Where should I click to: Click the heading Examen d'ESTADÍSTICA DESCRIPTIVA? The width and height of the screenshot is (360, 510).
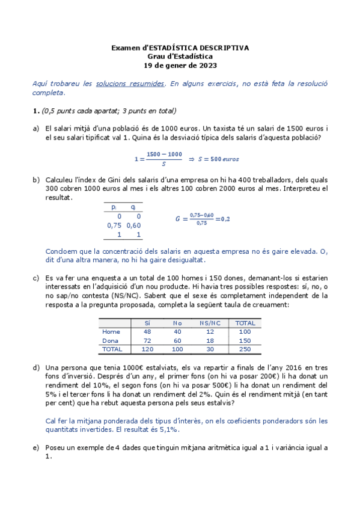[x=180, y=48]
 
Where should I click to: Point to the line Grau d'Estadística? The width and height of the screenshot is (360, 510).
[x=180, y=57]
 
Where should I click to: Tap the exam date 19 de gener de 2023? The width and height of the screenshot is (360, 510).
[x=180, y=66]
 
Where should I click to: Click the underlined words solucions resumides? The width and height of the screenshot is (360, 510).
[x=130, y=84]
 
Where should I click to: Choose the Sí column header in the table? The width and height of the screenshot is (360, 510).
[x=147, y=323]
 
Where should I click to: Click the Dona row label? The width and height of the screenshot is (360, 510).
[x=112, y=340]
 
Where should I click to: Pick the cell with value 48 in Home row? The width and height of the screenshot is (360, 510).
[x=147, y=331]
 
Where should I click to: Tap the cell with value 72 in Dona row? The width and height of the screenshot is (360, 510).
[x=147, y=340]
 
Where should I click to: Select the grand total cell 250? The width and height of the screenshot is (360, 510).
[x=245, y=349]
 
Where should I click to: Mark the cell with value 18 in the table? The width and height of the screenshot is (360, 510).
[x=210, y=340]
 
